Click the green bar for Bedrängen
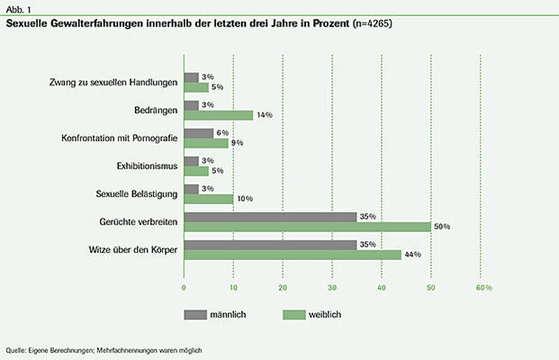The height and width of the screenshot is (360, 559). click(219, 115)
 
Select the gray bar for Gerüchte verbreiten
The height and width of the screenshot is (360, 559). click(270, 217)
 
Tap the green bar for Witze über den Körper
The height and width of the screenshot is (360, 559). click(293, 254)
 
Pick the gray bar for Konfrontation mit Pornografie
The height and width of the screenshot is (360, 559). click(199, 134)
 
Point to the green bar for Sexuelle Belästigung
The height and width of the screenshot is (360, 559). click(209, 199)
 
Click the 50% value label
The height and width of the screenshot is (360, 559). click(442, 226)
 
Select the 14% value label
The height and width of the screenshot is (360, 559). click(265, 115)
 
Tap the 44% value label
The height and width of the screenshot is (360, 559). click(413, 254)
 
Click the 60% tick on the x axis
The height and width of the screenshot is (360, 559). click(484, 287)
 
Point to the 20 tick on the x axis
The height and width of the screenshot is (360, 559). click(283, 287)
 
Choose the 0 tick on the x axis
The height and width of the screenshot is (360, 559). click(184, 287)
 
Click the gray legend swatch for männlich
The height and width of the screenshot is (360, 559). click(196, 315)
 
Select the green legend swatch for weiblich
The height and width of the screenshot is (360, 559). click(294, 315)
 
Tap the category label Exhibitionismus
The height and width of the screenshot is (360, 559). click(147, 166)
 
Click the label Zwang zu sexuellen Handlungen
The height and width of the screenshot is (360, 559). click(113, 82)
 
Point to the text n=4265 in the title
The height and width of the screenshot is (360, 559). click(372, 24)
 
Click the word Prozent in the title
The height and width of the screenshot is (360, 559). click(331, 24)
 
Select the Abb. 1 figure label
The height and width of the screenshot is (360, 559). click(19, 10)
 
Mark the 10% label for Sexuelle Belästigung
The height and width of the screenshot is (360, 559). click(245, 199)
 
